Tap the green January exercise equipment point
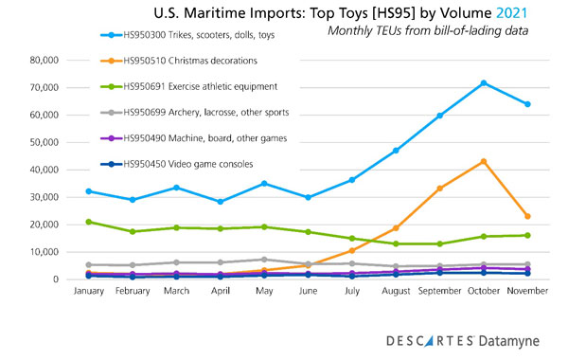(x=89, y=222)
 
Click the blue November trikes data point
(x=526, y=104)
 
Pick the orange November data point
(x=526, y=217)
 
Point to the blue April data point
(x=220, y=202)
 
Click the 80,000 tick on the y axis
(x=44, y=60)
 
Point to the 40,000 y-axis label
(x=44, y=170)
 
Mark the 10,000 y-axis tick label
(x=44, y=253)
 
